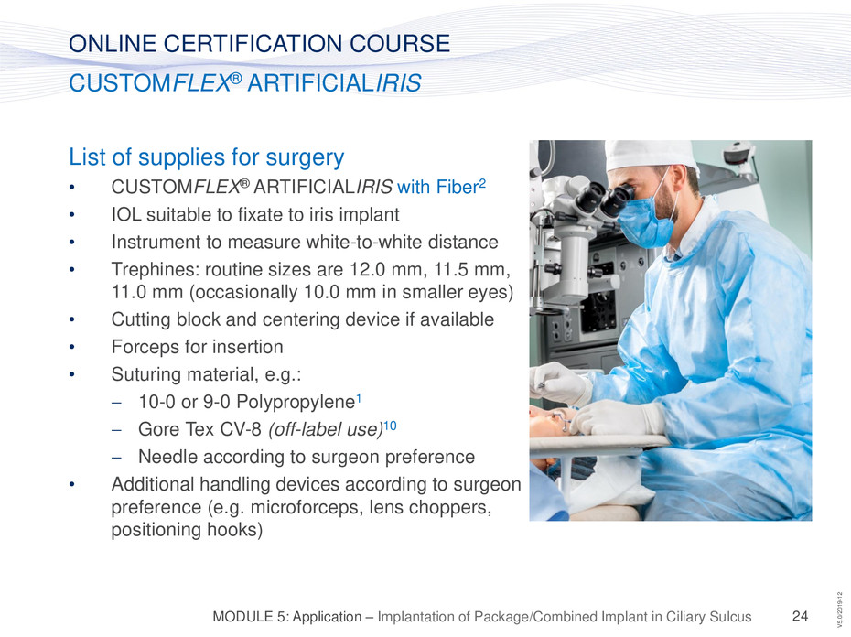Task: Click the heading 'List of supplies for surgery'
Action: [206, 157]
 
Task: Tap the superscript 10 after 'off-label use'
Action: [390, 426]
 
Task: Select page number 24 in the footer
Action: [800, 616]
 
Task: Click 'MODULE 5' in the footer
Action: [250, 617]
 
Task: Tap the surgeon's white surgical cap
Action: [652, 155]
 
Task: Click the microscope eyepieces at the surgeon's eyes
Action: [605, 199]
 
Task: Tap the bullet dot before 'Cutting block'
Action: [71, 319]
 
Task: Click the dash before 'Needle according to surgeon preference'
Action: [116, 458]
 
